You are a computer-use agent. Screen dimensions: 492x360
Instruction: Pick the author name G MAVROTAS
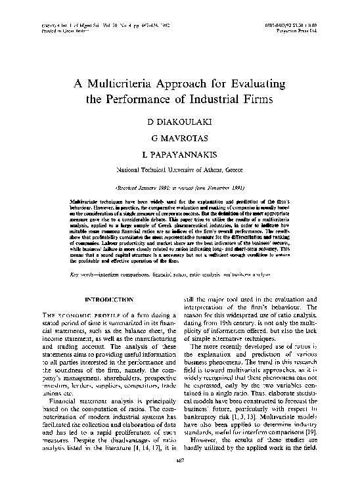(179, 140)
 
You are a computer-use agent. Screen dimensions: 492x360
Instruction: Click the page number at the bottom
(179, 480)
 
